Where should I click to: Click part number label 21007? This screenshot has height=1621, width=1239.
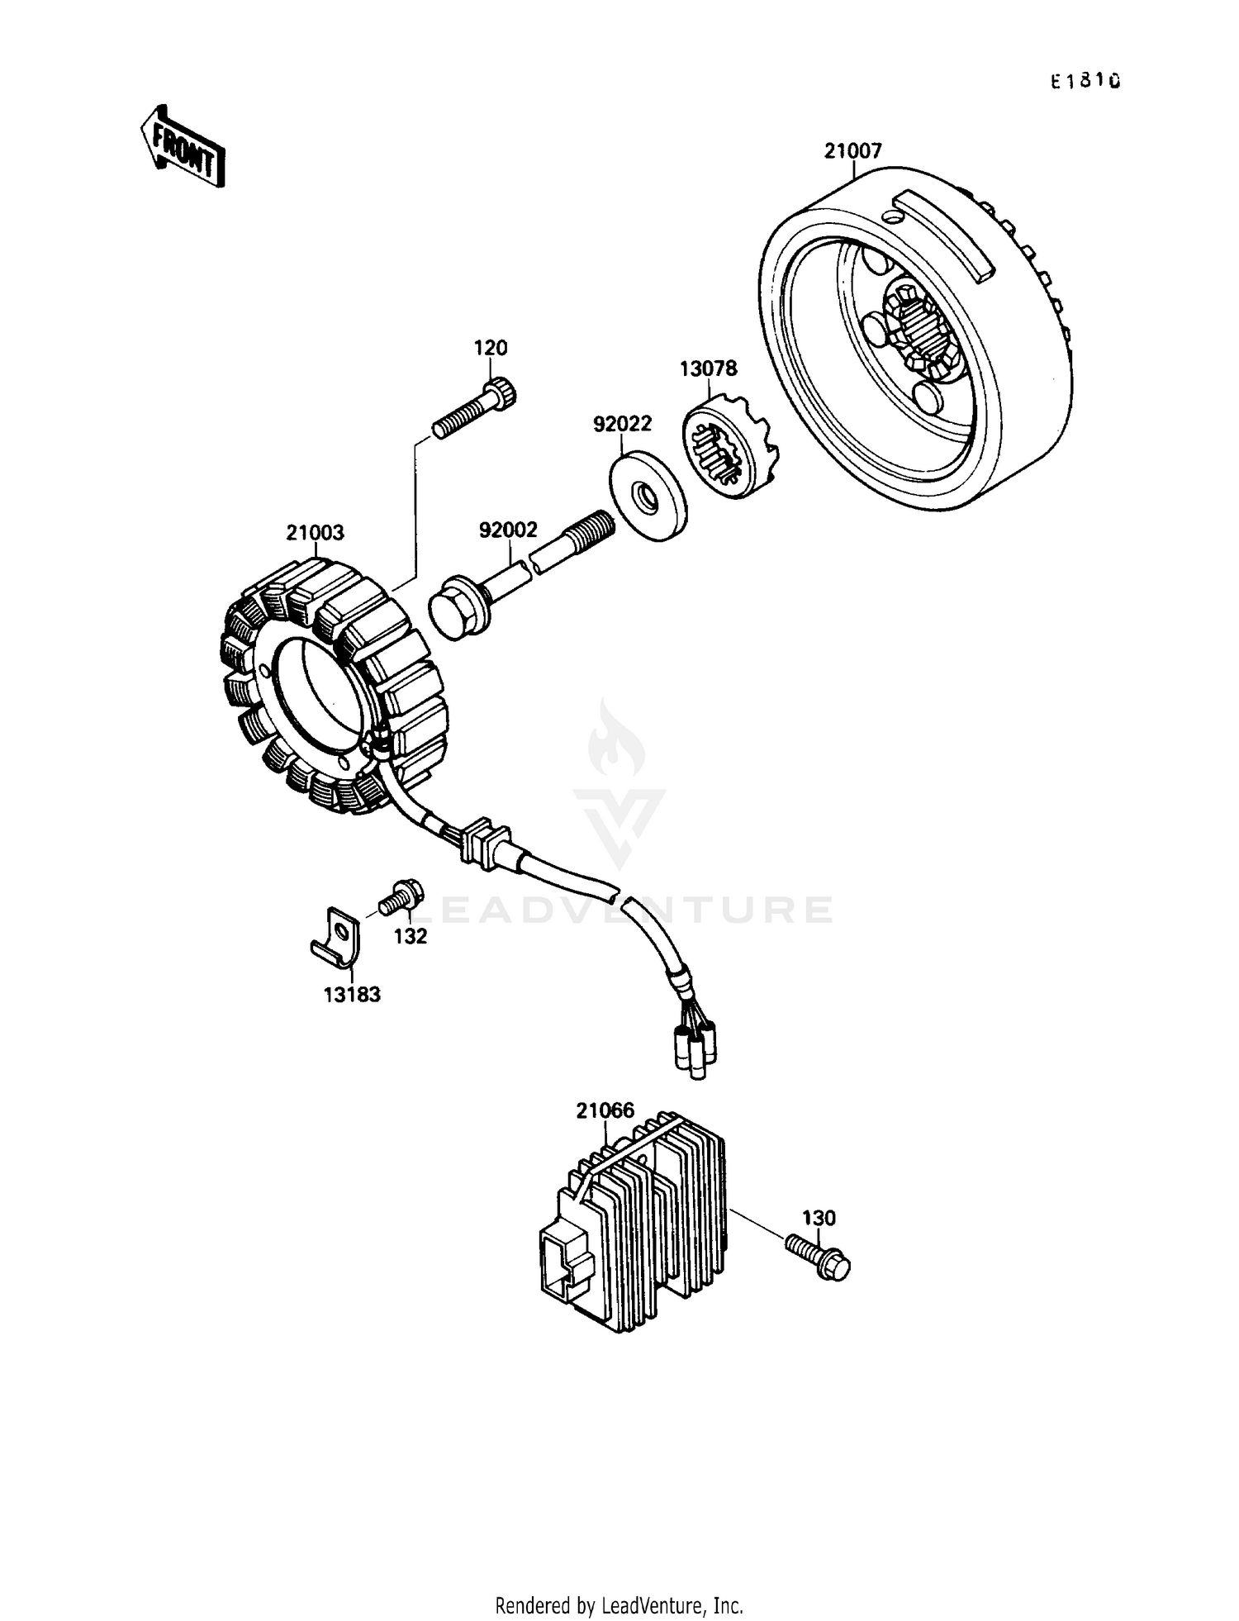(x=852, y=150)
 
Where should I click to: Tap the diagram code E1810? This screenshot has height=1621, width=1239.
(x=1085, y=81)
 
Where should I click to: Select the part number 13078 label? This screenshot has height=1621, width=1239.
(x=708, y=368)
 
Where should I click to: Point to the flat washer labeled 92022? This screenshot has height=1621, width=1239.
(x=648, y=496)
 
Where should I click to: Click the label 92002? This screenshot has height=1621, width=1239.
(x=508, y=530)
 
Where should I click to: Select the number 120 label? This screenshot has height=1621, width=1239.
(x=490, y=348)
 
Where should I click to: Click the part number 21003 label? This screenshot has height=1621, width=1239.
(x=315, y=533)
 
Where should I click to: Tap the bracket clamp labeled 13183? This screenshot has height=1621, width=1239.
(x=336, y=936)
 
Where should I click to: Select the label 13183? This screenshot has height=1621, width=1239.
(x=352, y=995)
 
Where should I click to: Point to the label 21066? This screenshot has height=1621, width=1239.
(x=605, y=1110)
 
